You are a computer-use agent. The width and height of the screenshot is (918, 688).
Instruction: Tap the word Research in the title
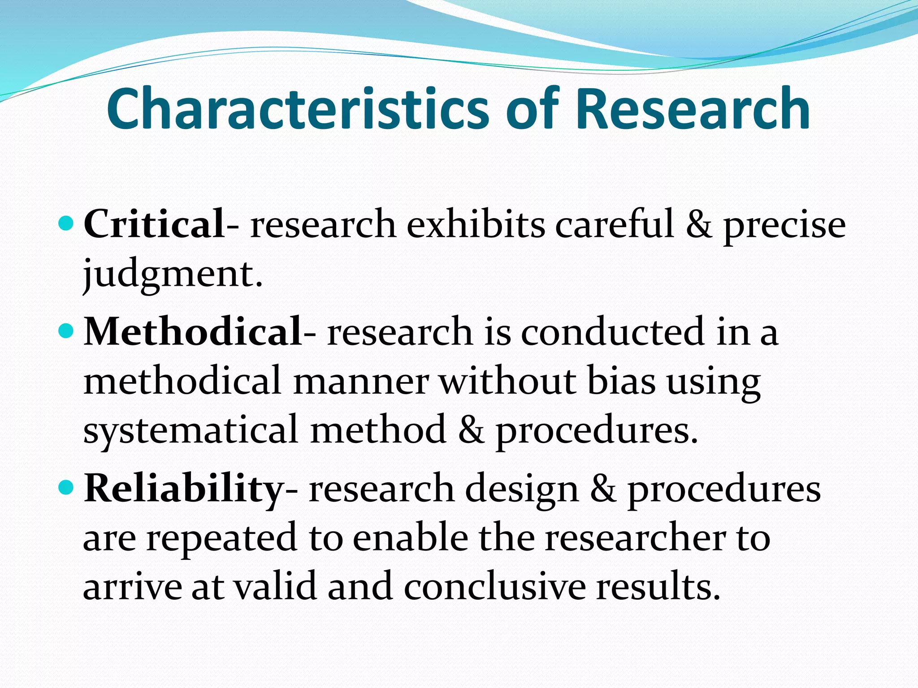[x=693, y=109]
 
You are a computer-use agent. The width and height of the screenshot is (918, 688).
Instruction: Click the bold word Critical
[x=154, y=224]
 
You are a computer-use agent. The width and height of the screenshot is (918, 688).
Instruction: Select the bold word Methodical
[x=193, y=332]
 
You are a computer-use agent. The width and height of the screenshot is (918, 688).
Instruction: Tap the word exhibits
[x=476, y=224]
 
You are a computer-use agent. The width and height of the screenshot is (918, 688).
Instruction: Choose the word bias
[x=621, y=381]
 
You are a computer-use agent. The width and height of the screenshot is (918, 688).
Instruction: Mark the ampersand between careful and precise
[x=698, y=224]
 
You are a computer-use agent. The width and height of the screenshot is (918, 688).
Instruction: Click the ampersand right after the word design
[x=602, y=489]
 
